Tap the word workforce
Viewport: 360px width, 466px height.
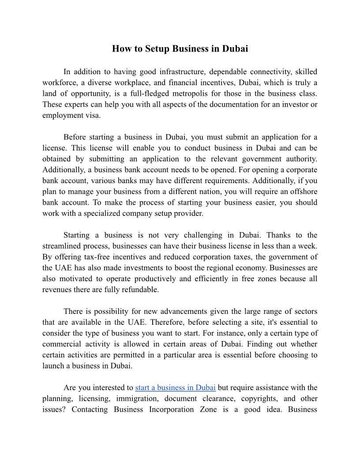(60, 83)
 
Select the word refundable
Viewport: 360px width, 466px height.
(136, 289)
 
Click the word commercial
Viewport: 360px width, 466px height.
(60, 344)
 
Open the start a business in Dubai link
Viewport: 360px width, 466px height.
(175, 387)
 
